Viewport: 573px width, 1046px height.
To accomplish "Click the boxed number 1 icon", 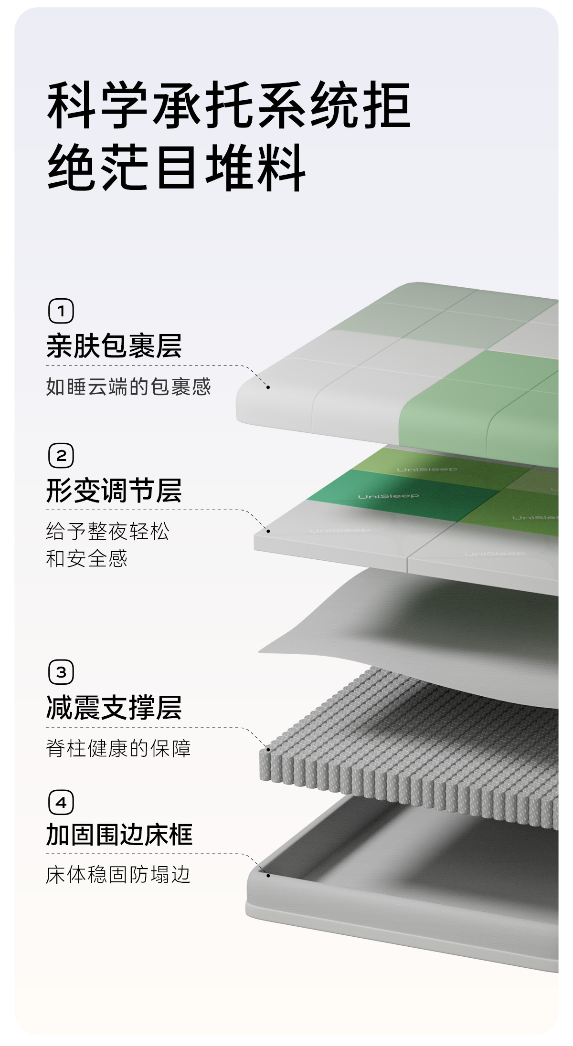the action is click(61, 311).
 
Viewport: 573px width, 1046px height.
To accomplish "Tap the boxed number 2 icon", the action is click(61, 456).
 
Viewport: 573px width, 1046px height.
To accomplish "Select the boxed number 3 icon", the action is click(61, 672).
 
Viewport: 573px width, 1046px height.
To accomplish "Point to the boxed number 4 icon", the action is click(61, 803).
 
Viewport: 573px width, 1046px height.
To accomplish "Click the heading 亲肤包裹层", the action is click(114, 346).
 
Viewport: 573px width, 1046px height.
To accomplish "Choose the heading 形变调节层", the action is click(114, 491).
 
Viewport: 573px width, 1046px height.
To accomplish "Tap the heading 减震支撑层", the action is click(114, 707).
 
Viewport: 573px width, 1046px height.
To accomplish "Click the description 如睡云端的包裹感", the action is click(128, 387).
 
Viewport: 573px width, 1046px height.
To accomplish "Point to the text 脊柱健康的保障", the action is click(118, 748).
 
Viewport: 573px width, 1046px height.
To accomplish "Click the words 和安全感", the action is click(87, 559).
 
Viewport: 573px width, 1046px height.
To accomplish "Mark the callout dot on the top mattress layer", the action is click(268, 387).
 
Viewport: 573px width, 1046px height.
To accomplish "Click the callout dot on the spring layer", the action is click(268, 749).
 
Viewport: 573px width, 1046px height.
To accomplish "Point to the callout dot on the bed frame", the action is click(268, 876).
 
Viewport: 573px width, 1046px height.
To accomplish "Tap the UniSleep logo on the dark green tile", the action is click(388, 497).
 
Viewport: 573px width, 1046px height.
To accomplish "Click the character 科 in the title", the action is click(71, 105).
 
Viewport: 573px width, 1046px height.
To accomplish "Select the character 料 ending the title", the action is click(281, 167).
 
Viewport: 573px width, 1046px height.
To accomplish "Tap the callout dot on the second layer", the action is click(268, 531).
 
